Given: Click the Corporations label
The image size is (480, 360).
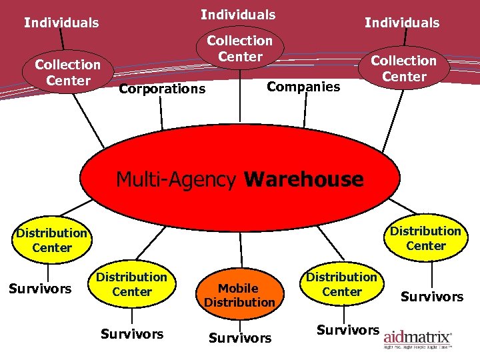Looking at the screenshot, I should pos(161,89).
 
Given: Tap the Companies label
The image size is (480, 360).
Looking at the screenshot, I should pos(303,86).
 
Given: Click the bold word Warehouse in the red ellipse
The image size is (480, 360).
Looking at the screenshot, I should pos(304,179).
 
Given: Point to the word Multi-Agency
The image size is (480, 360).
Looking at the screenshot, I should pos(176,179).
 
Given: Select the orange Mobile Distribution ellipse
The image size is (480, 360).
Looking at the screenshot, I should pos(239,295).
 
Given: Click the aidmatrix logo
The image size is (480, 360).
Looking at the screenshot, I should pos(417,337).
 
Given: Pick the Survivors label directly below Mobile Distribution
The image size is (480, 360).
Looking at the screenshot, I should pos(239,338).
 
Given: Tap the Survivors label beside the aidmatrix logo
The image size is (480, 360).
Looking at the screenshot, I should pos(347,329).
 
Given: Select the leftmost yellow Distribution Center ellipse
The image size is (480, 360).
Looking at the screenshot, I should pos(52,240).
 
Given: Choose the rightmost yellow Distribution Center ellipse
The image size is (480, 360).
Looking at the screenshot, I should pos(425,238).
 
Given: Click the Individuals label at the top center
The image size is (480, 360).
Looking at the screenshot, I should pos(238,14).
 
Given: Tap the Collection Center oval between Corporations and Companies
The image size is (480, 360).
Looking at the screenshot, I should pos(239,49).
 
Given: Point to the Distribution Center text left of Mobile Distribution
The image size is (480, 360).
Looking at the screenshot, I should pos(131,284).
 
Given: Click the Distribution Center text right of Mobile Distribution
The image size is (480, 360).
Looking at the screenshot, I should pos(341,284).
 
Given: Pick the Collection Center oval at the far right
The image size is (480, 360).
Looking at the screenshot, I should pos(403,68).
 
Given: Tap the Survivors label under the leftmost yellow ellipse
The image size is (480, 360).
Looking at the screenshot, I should pos(39,289).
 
